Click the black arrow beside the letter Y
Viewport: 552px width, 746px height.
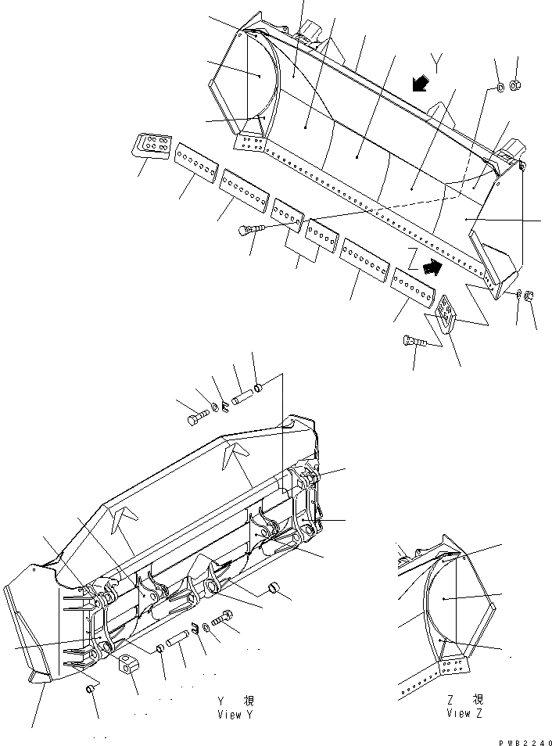point(419,84)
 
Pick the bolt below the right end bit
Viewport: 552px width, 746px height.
point(414,343)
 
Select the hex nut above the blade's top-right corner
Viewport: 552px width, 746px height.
point(517,84)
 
